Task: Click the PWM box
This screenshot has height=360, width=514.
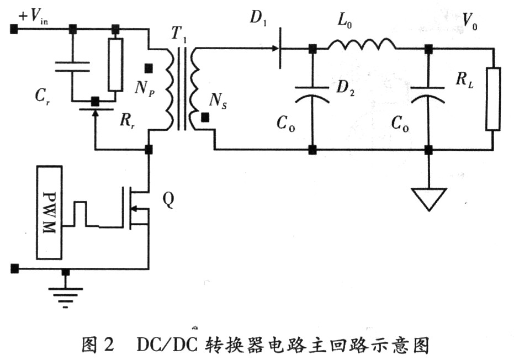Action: click(x=50, y=213)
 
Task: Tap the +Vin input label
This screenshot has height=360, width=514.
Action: click(x=34, y=17)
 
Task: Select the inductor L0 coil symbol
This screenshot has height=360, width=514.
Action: click(x=362, y=45)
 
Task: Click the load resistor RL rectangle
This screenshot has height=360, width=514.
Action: click(x=493, y=99)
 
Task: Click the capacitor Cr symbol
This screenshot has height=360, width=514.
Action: click(x=72, y=66)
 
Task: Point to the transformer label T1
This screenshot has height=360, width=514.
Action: click(x=179, y=34)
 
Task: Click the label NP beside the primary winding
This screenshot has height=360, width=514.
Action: click(x=145, y=88)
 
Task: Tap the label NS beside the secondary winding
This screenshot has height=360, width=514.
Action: click(x=218, y=100)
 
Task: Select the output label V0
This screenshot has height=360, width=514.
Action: click(x=470, y=22)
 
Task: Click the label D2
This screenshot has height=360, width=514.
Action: click(x=346, y=88)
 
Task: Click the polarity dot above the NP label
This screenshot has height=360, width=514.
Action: click(x=149, y=68)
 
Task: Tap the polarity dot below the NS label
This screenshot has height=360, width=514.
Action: click(x=205, y=118)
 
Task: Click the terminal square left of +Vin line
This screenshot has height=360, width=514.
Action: click(x=14, y=29)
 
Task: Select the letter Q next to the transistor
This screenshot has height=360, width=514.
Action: click(x=168, y=200)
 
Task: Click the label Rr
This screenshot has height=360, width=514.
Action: click(x=128, y=121)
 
